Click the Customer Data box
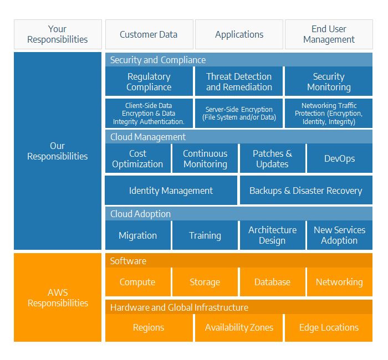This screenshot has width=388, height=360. click(149, 34)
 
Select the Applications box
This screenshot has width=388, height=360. click(239, 34)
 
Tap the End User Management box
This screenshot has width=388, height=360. click(329, 34)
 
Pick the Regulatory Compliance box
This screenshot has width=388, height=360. click(149, 81)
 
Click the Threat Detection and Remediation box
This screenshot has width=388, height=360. click(239, 81)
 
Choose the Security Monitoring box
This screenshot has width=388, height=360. click(329, 81)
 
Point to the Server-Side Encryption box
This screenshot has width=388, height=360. click(239, 113)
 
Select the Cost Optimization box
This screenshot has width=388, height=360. click(138, 158)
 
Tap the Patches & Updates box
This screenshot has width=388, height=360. click(273, 158)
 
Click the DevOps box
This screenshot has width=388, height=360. click(340, 158)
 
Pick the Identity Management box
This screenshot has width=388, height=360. click(171, 190)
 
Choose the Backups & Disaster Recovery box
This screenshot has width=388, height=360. click(306, 190)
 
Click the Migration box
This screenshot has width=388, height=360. click(138, 235)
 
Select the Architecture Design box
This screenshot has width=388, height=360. click(273, 235)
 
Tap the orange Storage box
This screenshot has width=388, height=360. click(205, 282)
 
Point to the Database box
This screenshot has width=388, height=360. click(273, 282)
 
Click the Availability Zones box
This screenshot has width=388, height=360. click(239, 328)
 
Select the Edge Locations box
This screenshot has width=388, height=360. click(329, 328)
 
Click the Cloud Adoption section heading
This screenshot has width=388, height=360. click(141, 214)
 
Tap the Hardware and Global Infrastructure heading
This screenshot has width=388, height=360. click(179, 307)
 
